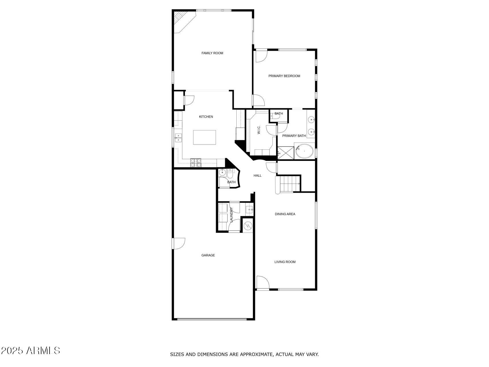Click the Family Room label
click(x=212, y=53)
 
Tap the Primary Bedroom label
click(x=284, y=76)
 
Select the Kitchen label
click(x=206, y=117)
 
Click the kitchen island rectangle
click(x=205, y=137)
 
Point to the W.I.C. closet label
click(x=259, y=130)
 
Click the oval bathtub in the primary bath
click(x=305, y=151)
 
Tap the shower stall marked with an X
click(x=286, y=153)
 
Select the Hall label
click(x=258, y=175)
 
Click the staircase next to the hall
click(x=290, y=184)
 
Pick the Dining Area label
click(x=285, y=214)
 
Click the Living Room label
click(x=285, y=262)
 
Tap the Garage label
click(x=208, y=255)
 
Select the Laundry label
click(x=231, y=215)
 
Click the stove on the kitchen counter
click(x=196, y=163)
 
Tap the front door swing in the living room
click(x=263, y=282)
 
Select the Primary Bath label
click(x=294, y=136)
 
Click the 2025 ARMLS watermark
click(x=31, y=350)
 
